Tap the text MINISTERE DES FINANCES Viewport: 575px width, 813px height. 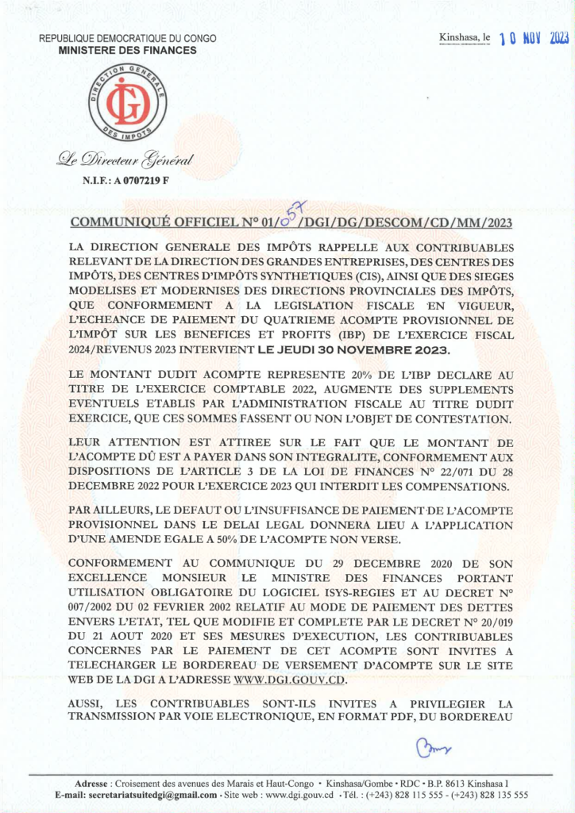(127, 50)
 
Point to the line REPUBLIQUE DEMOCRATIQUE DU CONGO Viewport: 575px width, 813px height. (128, 39)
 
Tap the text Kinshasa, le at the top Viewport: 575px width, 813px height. (465, 38)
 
